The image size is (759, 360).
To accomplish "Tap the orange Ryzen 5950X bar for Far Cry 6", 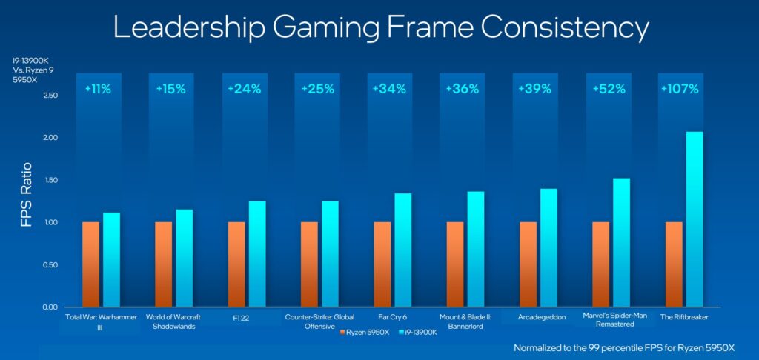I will pyautogui.click(x=382, y=264).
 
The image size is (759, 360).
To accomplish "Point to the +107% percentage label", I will pyautogui.click(x=679, y=89).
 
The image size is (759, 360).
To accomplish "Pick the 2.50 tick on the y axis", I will pyautogui.click(x=50, y=96).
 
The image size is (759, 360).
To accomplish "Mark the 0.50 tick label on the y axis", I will pyautogui.click(x=50, y=264).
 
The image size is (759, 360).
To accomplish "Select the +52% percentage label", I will pyautogui.click(x=606, y=89).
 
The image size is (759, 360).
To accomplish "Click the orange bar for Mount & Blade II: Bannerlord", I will pyautogui.click(x=455, y=264).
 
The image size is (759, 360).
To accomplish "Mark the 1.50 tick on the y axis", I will pyautogui.click(x=50, y=180).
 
